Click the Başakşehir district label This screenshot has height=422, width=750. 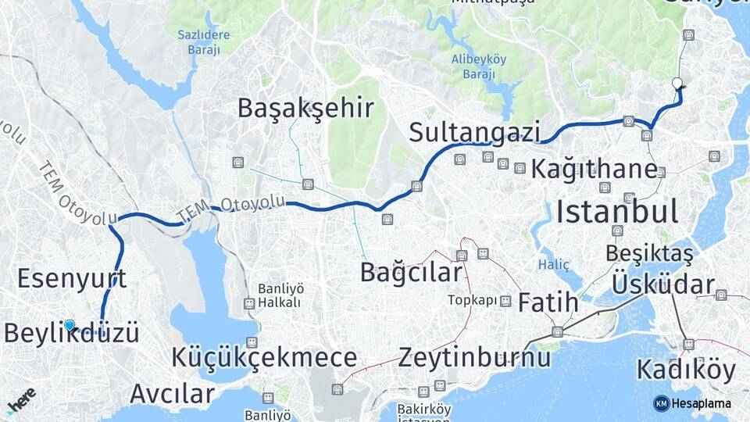306,108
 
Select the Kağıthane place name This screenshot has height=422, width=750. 594,169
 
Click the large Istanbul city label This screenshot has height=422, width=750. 617,211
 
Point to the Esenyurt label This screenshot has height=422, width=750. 72,278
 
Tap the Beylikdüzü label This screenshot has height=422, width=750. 72,334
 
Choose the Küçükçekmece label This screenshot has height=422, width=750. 264,358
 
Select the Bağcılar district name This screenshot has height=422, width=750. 411,272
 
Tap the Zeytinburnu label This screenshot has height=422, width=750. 474,358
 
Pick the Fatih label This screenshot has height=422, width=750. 548,302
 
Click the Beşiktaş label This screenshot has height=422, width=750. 649,254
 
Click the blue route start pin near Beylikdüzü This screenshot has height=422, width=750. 70,325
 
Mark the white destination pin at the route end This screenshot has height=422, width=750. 677,83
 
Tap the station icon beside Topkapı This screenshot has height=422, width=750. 506,300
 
